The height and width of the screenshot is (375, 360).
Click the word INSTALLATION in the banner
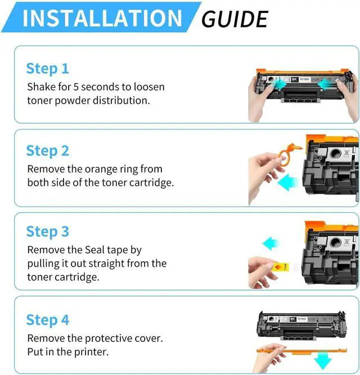[102, 18]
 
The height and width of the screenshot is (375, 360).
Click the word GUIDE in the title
[235, 19]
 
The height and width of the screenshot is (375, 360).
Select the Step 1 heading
[48, 69]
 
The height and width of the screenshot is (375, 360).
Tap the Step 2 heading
[48, 151]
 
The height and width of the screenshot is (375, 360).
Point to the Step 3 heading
[48, 232]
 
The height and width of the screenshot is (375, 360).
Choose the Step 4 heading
[48, 320]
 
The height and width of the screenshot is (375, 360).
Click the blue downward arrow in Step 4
[323, 359]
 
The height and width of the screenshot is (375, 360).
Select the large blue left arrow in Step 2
[288, 182]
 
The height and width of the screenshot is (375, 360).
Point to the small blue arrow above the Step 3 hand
[271, 243]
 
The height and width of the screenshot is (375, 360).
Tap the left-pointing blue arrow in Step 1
[326, 84]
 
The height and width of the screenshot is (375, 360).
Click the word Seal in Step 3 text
[94, 250]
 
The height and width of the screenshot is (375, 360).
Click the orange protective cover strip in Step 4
[301, 351]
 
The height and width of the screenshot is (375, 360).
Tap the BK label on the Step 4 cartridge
[293, 319]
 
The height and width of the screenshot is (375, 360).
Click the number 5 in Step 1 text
[76, 87]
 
